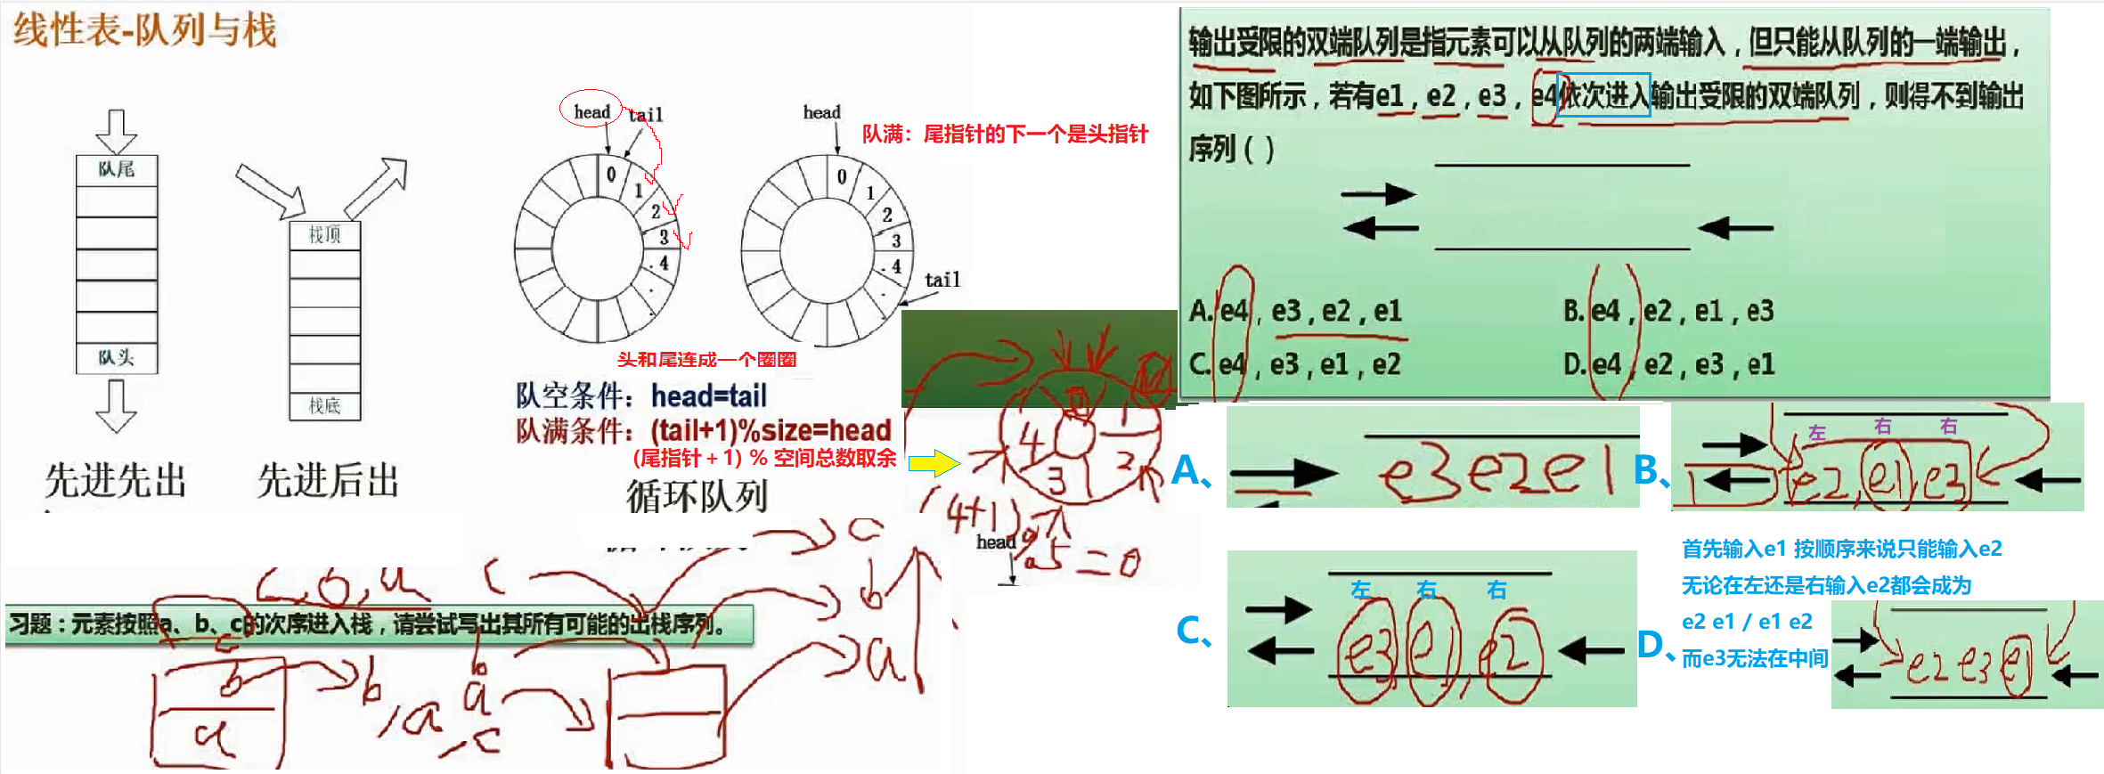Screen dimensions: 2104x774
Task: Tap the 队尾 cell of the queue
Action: [117, 169]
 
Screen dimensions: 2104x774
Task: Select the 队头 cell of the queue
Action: [117, 357]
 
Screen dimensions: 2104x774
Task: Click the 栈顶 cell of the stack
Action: [325, 234]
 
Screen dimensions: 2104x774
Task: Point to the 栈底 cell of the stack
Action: [325, 406]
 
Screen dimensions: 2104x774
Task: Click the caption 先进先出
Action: [116, 481]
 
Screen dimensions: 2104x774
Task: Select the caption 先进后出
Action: [328, 481]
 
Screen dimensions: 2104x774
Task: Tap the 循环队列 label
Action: [697, 495]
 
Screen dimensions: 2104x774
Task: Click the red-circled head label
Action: [591, 111]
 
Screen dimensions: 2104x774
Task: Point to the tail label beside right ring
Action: [942, 280]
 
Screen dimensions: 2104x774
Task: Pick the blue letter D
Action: [1651, 645]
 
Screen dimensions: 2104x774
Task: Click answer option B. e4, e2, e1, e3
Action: [1668, 311]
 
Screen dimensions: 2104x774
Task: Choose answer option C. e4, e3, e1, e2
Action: [1294, 364]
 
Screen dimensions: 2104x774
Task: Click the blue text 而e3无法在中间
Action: [1754, 658]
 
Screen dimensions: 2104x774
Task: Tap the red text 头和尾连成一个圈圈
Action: [706, 360]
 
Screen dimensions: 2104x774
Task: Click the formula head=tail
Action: [709, 395]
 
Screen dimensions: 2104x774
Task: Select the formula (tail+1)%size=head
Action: [771, 431]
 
